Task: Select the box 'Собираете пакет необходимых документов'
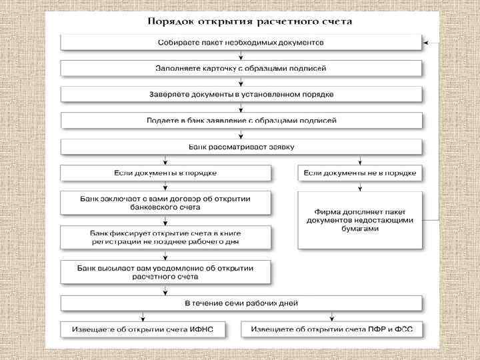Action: [241, 42]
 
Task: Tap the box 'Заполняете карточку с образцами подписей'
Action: [241, 68]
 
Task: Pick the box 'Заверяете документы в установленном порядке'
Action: [241, 94]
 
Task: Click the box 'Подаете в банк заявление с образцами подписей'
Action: [241, 121]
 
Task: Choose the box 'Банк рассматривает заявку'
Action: [241, 147]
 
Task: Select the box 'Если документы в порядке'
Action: [165, 173]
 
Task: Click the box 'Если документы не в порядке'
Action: [360, 173]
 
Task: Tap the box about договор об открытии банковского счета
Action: [165, 203]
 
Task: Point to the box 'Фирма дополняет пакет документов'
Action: [360, 220]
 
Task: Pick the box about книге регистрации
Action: [165, 237]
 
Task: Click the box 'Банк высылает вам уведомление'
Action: [165, 271]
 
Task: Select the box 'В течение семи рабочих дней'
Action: [241, 303]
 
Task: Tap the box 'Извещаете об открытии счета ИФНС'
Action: [143, 329]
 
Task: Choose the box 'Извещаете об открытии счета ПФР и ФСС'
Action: [332, 329]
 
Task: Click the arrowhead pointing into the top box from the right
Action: [426, 42]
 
